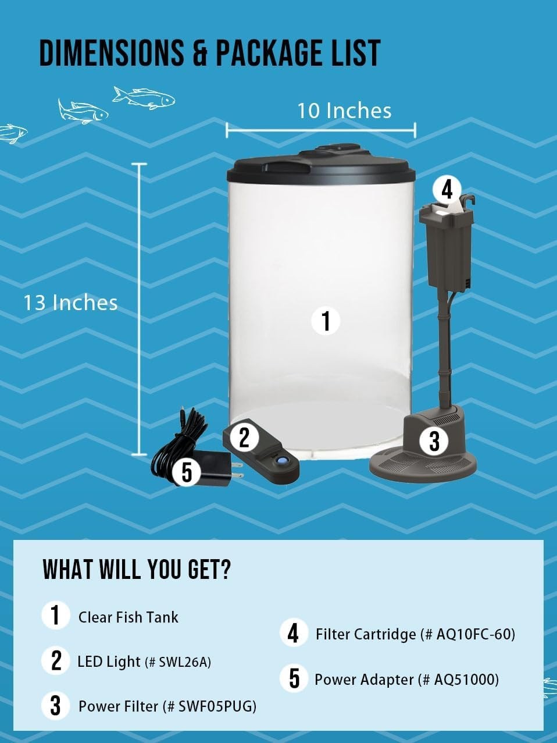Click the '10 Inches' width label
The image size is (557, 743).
click(x=344, y=111)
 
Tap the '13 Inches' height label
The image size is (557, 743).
click(x=70, y=303)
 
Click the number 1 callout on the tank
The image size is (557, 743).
click(x=326, y=321)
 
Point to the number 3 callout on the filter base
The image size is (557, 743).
click(x=434, y=440)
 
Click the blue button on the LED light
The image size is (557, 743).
click(x=281, y=461)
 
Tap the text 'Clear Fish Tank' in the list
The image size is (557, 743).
click(x=128, y=617)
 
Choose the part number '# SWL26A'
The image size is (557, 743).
click(x=178, y=662)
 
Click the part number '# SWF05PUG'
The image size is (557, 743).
click(x=209, y=706)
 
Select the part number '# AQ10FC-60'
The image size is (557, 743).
click(x=467, y=634)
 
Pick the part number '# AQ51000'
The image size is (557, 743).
click(x=458, y=679)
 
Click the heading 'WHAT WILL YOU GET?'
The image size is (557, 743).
click(x=137, y=570)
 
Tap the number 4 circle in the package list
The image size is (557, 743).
click(x=294, y=634)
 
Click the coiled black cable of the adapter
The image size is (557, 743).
click(x=179, y=437)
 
